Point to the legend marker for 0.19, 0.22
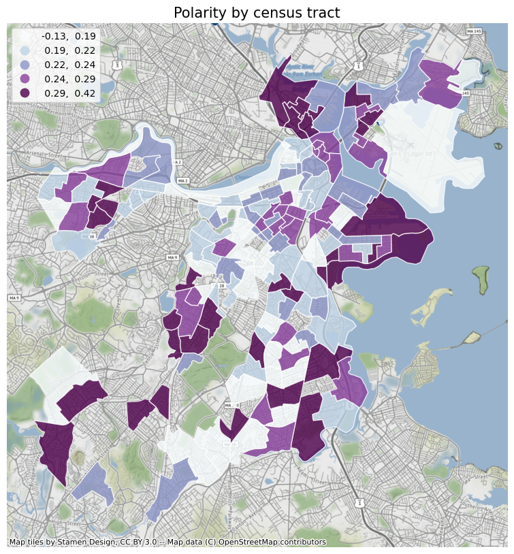(25, 50)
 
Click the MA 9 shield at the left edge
(14, 298)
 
